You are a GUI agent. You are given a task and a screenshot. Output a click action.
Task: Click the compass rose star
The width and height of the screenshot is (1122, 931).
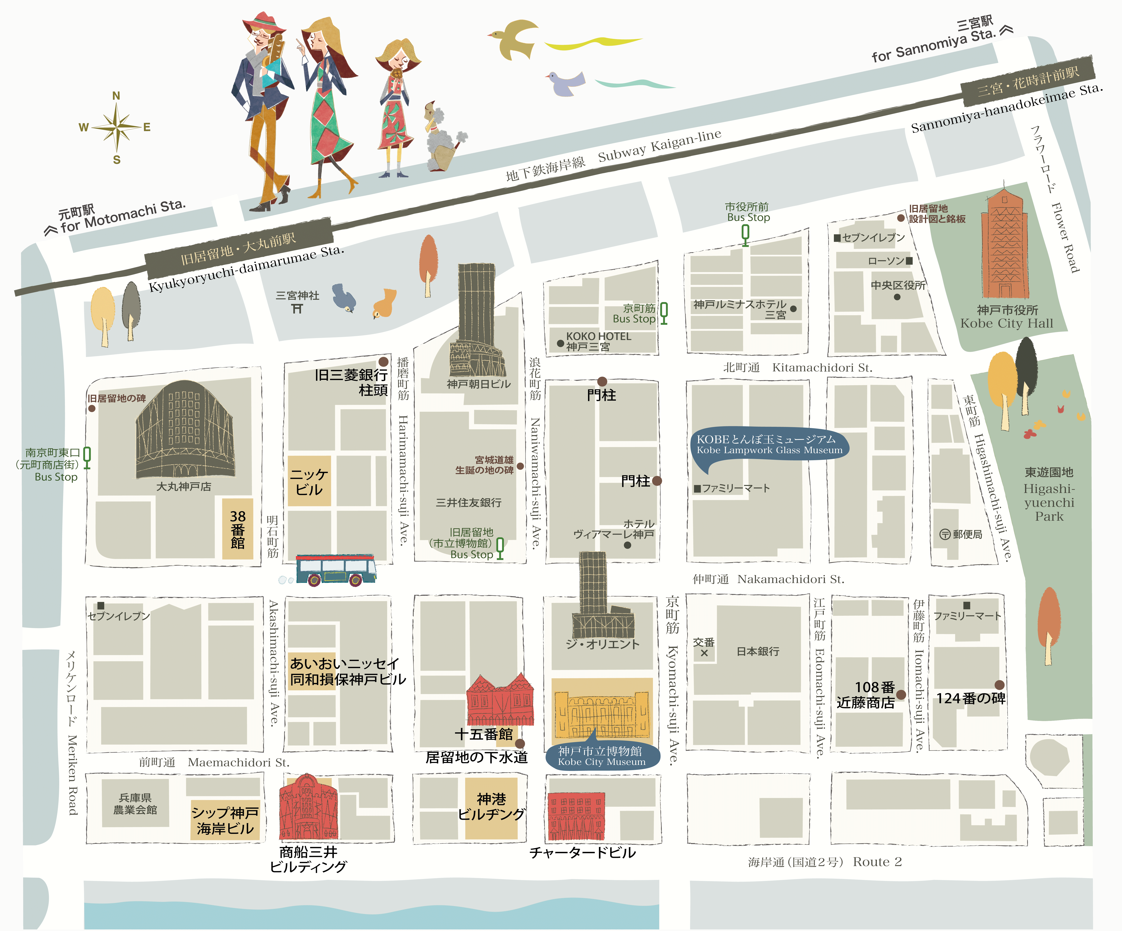117,127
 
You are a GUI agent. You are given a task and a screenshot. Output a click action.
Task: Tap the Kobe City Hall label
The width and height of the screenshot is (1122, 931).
1007,317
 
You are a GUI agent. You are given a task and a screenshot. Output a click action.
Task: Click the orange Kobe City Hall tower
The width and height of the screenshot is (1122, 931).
1004,246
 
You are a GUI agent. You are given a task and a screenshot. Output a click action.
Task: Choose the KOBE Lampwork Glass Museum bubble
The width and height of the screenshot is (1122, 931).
769,445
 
